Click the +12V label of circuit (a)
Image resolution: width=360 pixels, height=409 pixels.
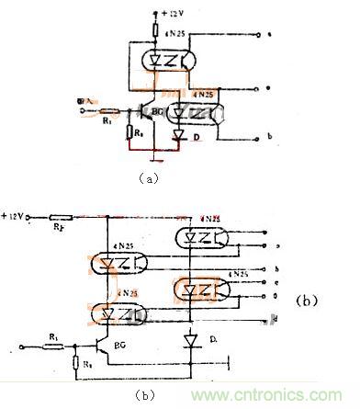click(x=174, y=16)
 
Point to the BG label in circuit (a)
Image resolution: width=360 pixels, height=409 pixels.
click(x=156, y=108)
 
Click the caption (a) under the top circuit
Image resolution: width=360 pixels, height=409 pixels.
click(x=148, y=181)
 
